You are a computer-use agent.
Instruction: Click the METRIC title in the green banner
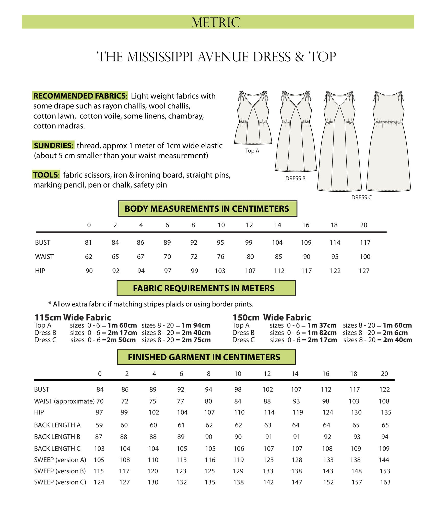[216, 22]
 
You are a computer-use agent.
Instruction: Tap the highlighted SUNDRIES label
[53, 146]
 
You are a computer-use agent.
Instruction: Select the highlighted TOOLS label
[46, 175]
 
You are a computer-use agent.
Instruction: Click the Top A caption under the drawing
[252, 151]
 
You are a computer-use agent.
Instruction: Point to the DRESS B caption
[295, 179]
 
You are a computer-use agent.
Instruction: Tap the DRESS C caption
[361, 198]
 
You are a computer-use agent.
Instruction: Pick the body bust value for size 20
[365, 243]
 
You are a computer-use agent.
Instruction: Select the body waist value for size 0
[89, 257]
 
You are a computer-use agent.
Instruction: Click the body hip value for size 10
[220, 271]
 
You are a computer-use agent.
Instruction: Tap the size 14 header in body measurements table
[278, 225]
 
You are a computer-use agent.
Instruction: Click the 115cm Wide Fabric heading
[73, 318]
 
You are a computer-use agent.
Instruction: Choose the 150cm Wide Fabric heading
[272, 318]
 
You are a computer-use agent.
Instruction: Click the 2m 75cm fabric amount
[196, 340]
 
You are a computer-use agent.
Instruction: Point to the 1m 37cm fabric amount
[322, 325]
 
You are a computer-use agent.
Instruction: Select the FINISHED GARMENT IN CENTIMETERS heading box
[206, 357]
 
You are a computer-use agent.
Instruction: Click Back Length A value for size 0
[99, 425]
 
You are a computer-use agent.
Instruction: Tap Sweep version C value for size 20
[385, 482]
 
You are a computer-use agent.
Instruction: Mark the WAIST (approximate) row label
[64, 401]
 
